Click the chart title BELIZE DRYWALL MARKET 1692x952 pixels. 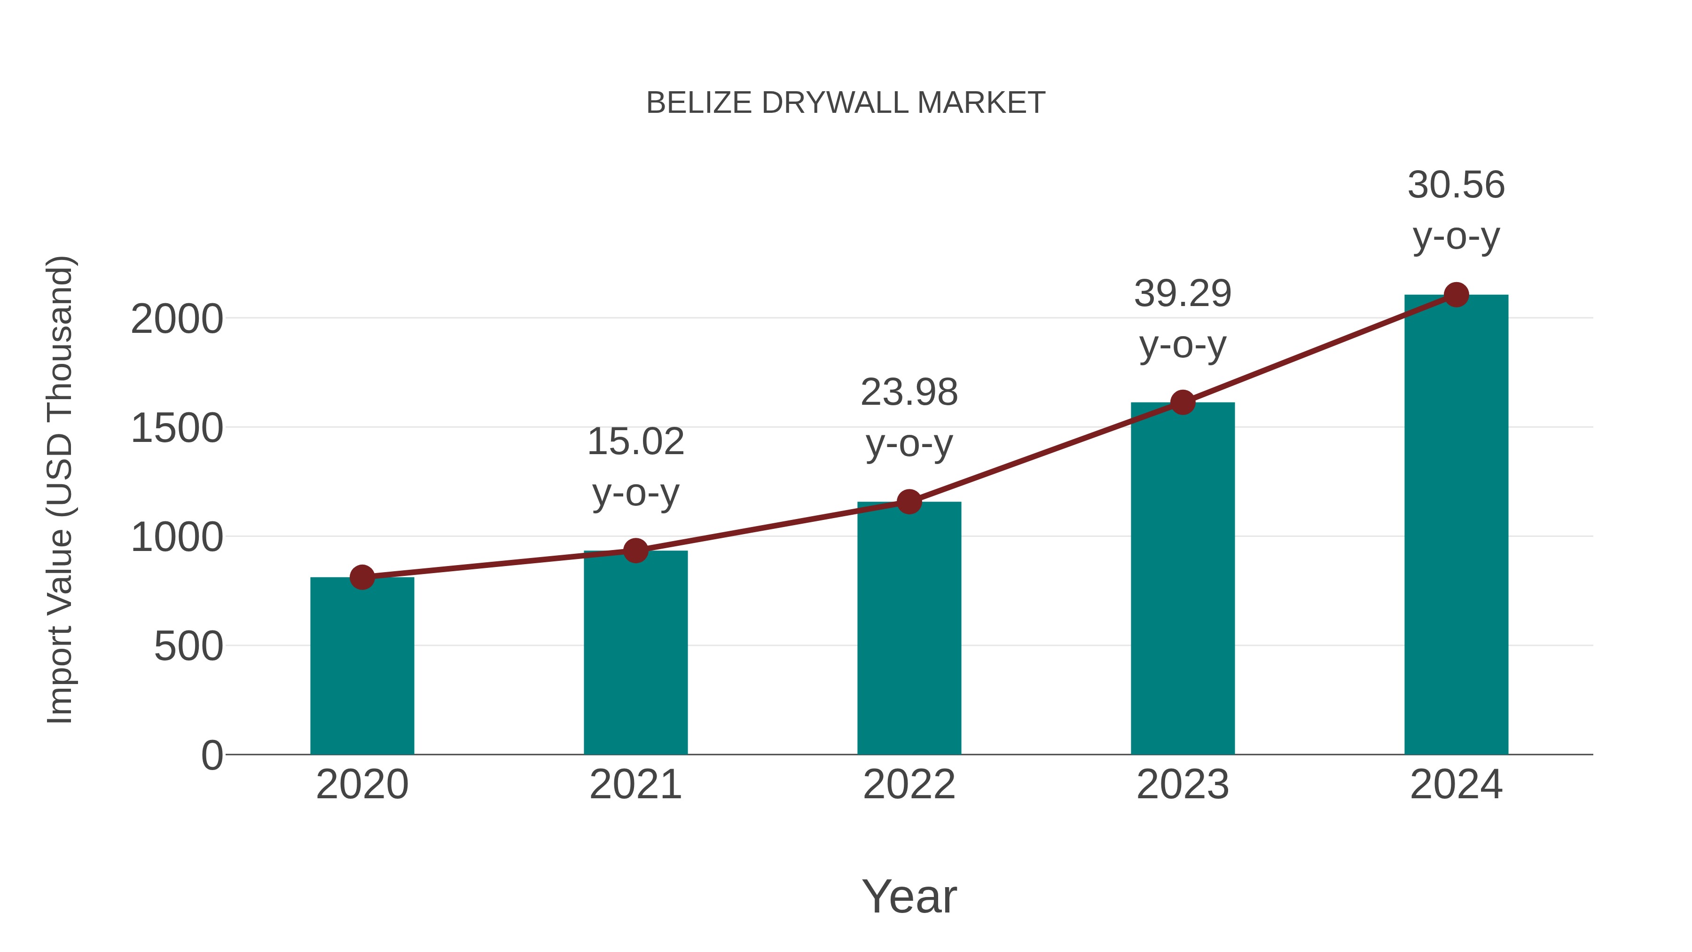[846, 103]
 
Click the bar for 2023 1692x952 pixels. [1183, 578]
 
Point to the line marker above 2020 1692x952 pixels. [362, 577]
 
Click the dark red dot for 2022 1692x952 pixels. [909, 502]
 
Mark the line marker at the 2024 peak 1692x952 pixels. [1456, 295]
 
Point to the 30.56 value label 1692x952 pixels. [1456, 185]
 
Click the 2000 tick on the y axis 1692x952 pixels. [177, 320]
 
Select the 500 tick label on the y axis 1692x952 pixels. [188, 647]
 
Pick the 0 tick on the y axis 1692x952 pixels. [212, 755]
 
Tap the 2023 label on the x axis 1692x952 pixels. [1183, 785]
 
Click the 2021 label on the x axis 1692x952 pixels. [635, 785]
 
